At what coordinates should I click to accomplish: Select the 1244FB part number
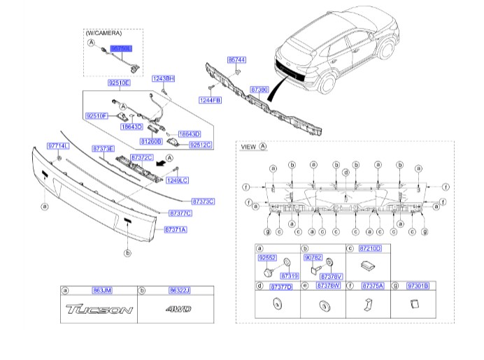click(x=210, y=100)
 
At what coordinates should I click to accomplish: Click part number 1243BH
click(x=163, y=79)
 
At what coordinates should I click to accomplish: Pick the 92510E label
click(x=119, y=83)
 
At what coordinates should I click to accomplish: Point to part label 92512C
click(x=201, y=145)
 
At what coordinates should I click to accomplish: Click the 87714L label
click(x=57, y=145)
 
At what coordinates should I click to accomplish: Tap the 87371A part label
click(x=175, y=229)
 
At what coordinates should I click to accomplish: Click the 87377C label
click(x=180, y=212)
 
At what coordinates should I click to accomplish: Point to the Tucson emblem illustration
click(x=98, y=310)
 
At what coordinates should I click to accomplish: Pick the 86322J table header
click(x=179, y=290)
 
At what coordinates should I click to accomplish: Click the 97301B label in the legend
click(x=418, y=285)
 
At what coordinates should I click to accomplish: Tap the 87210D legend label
click(x=369, y=248)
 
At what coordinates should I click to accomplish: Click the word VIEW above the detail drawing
click(x=248, y=147)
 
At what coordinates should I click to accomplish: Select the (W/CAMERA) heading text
click(x=104, y=33)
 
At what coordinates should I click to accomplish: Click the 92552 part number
click(x=267, y=257)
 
